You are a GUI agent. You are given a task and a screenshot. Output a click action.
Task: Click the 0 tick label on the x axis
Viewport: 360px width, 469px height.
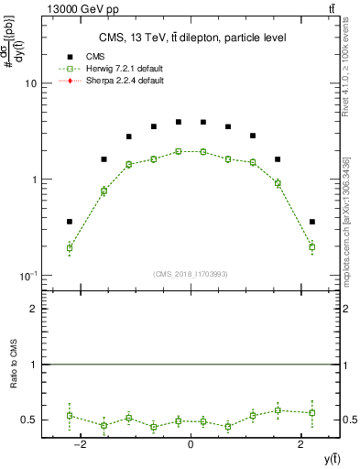click(190, 445)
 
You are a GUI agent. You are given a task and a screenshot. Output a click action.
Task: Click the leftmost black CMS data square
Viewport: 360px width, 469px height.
click(70, 222)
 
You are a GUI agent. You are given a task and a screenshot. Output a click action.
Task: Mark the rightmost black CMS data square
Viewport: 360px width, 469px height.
click(311, 222)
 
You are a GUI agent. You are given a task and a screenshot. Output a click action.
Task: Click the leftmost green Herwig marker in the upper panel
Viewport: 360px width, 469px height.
click(70, 247)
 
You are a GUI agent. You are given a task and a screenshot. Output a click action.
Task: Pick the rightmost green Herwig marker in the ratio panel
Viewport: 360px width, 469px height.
click(311, 412)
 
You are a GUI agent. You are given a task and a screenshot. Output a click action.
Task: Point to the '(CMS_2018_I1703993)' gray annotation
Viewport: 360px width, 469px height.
click(191, 273)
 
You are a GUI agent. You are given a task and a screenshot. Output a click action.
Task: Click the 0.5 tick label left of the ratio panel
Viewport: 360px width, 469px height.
click(28, 420)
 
